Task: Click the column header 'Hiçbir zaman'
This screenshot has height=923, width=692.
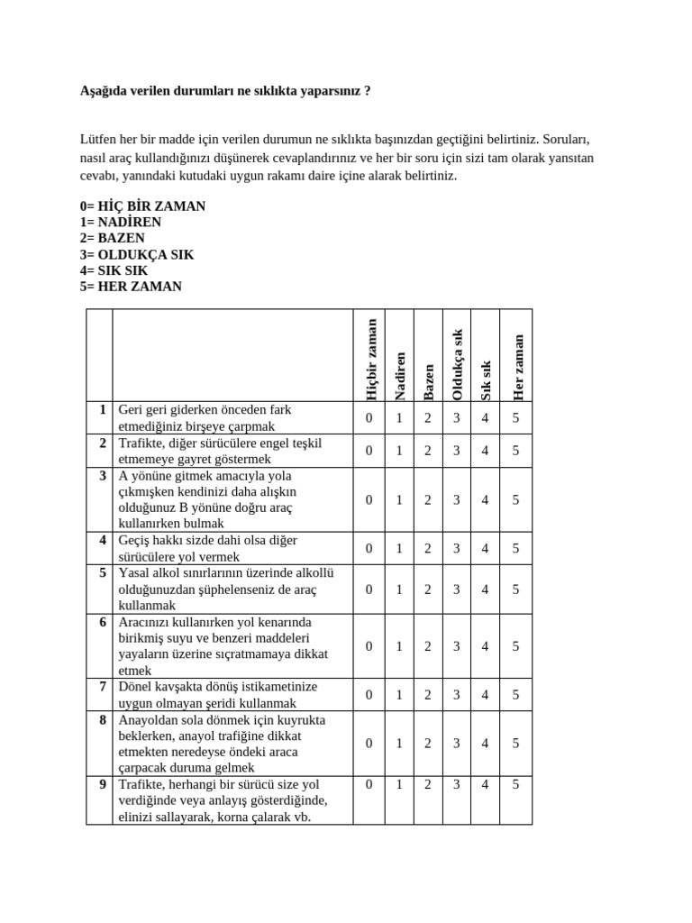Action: (369, 358)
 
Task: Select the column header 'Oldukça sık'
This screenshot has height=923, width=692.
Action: (457, 364)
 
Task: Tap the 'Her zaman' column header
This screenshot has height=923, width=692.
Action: (516, 367)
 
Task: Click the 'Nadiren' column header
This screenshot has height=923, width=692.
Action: (399, 375)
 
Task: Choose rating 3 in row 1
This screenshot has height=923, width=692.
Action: (457, 418)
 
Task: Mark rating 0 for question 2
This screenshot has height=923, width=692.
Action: (369, 451)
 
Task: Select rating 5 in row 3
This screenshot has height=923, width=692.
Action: (515, 499)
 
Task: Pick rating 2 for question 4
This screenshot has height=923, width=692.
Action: (428, 548)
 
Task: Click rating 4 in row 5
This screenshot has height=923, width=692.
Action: (486, 589)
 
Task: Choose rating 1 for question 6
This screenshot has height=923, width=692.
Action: (399, 645)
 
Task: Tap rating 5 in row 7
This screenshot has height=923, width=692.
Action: (515, 694)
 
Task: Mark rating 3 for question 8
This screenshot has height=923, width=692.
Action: (457, 743)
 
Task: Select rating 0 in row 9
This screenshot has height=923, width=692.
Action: (369, 784)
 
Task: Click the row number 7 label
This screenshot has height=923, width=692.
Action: (103, 687)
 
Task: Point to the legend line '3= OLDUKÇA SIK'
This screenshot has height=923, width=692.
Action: (136, 255)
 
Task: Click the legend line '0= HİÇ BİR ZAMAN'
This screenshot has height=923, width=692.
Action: (142, 206)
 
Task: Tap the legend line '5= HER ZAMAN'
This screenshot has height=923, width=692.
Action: (131, 287)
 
